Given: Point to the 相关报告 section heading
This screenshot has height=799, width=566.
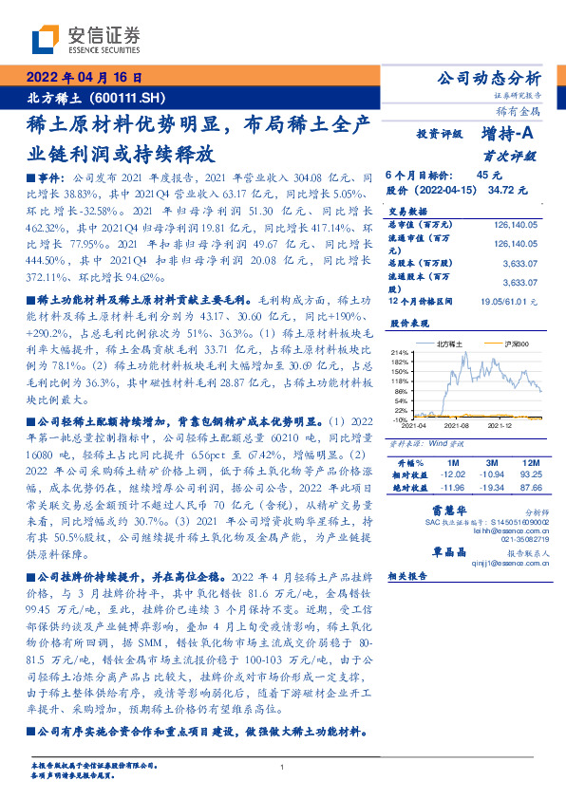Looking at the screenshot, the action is (408, 576).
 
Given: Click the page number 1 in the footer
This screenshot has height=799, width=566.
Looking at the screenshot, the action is (282, 767).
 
